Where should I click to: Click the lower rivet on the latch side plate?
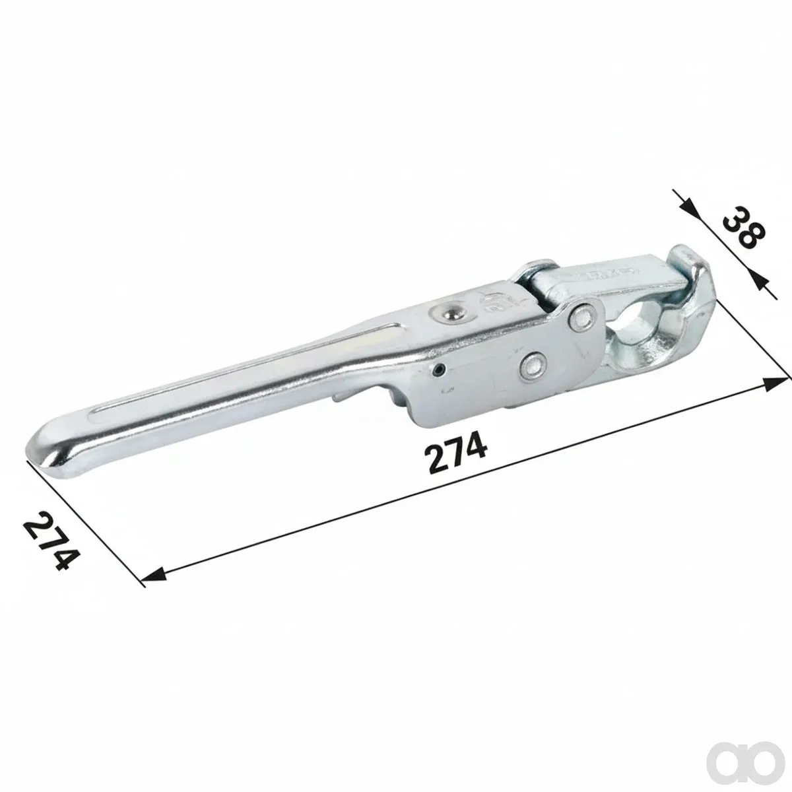pos(533,364)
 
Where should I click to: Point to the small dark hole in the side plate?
pos(440,370)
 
